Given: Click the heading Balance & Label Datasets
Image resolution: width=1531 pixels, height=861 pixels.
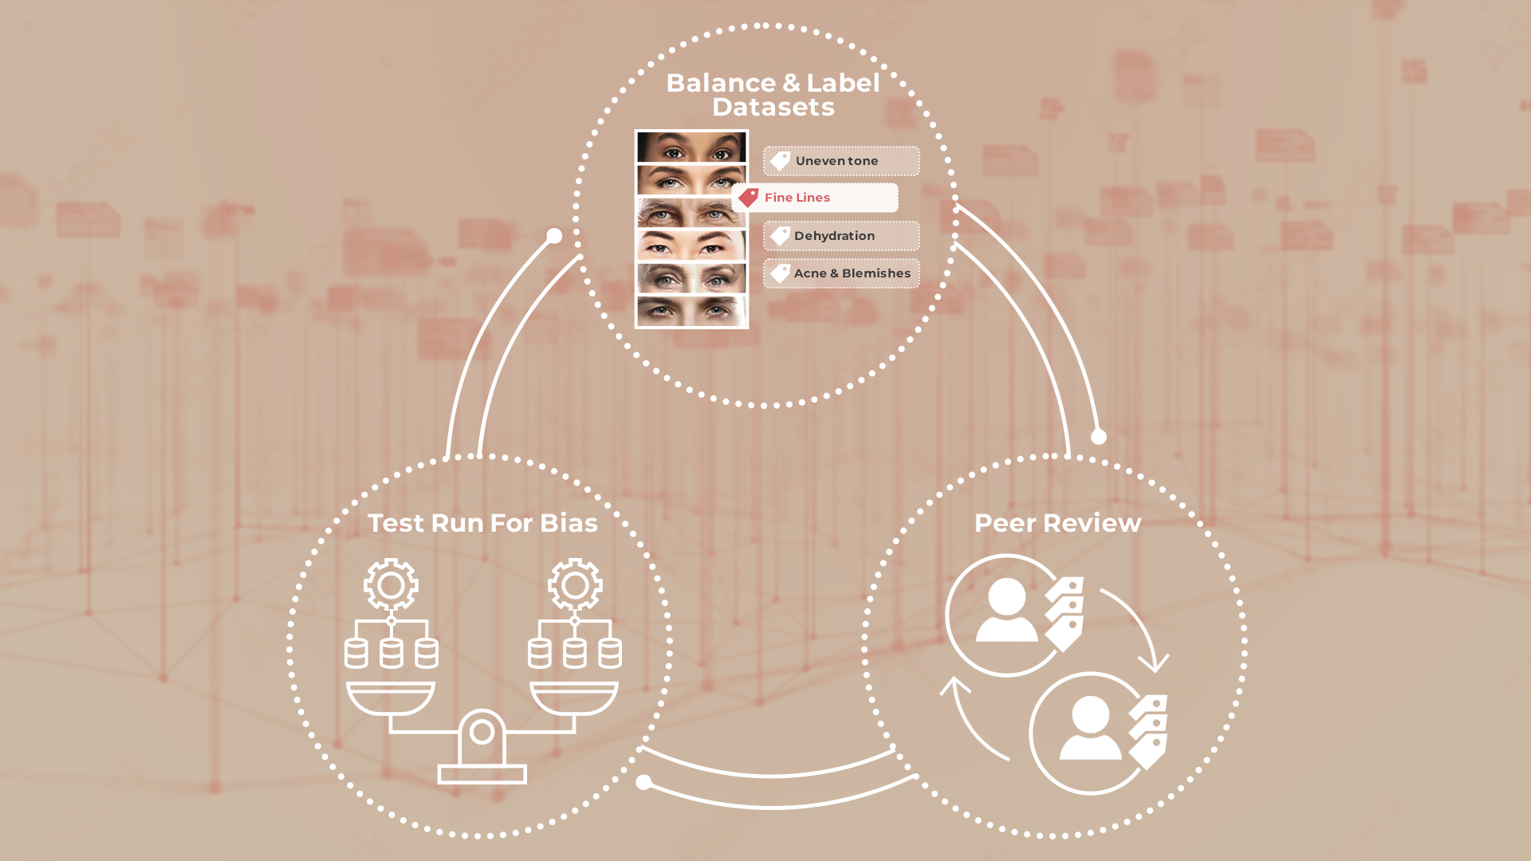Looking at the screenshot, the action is pyautogui.click(x=773, y=95).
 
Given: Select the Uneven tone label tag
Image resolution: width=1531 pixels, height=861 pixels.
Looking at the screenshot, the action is pyautogui.click(x=841, y=161).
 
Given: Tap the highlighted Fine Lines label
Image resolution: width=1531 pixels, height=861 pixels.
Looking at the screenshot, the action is pyautogui.click(x=816, y=198).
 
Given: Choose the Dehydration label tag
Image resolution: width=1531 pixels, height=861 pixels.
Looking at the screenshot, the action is pyautogui.click(x=841, y=236).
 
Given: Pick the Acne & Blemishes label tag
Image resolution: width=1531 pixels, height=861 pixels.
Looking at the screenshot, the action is pyautogui.click(x=841, y=273).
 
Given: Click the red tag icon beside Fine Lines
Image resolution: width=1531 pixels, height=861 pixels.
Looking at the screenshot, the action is pyautogui.click(x=748, y=197).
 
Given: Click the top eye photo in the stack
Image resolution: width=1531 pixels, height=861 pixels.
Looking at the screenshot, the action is pyautogui.click(x=691, y=147).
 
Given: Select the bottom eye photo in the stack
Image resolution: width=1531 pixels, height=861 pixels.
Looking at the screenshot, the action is pyautogui.click(x=691, y=311).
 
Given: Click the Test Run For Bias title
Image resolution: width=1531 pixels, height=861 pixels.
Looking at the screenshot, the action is pyautogui.click(x=482, y=523).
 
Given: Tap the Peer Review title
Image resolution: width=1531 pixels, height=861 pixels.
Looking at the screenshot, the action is pyautogui.click(x=1057, y=523).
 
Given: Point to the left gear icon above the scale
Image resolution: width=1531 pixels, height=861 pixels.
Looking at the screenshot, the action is pyautogui.click(x=391, y=585).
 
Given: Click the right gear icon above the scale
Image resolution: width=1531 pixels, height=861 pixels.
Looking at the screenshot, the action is pyautogui.click(x=575, y=585).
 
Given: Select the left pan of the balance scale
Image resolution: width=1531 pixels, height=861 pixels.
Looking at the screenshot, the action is pyautogui.click(x=391, y=698).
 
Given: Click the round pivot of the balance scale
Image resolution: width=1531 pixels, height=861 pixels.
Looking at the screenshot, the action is pyautogui.click(x=482, y=732).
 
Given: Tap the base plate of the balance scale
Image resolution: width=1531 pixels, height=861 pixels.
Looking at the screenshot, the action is pyautogui.click(x=482, y=773).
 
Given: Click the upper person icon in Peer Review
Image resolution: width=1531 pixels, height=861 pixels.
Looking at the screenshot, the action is pyautogui.click(x=1006, y=611).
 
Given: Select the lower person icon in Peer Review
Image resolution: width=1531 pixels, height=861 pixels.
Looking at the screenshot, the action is pyautogui.click(x=1090, y=729).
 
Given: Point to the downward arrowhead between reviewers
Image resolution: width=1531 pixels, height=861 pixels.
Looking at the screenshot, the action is pyautogui.click(x=1154, y=662).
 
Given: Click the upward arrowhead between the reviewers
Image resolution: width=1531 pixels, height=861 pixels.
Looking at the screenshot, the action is pyautogui.click(x=954, y=686).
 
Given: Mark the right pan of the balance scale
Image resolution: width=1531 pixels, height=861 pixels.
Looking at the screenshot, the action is pyautogui.click(x=574, y=698).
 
